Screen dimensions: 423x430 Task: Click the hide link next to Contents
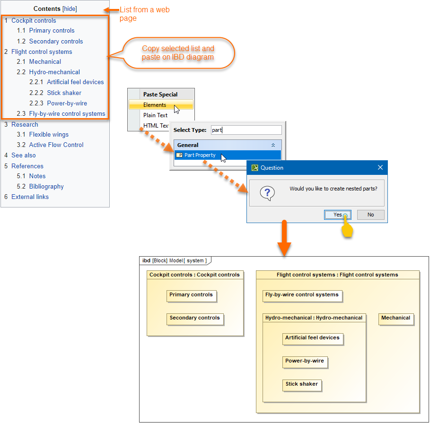pos(70,9)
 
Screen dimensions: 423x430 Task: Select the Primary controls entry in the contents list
pos(52,31)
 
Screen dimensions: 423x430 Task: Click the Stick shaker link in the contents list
pos(64,93)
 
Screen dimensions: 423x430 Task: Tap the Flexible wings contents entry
pos(49,135)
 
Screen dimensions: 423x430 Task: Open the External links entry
pos(30,197)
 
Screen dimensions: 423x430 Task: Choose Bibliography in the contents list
pos(46,187)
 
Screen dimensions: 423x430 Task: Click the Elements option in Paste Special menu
pos(155,105)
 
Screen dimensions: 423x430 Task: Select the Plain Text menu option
pos(155,115)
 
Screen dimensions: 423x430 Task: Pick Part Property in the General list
pos(200,155)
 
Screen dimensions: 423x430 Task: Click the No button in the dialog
pos(370,215)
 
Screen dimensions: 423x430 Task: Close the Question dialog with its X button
pos(380,168)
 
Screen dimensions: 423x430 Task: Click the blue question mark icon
pos(267,193)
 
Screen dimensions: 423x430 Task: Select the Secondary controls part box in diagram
pos(195,319)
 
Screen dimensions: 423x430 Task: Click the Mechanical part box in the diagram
pos(396,319)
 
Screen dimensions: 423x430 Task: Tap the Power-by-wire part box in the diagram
pos(305,362)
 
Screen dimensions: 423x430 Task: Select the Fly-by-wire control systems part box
pos(302,295)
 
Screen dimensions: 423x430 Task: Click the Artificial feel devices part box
pos(312,338)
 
